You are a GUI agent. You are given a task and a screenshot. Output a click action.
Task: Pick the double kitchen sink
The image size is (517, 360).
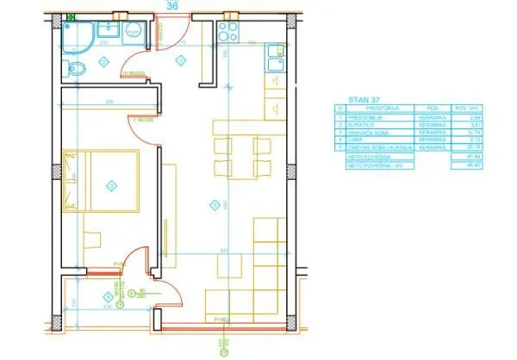pyautogui.click(x=274, y=61)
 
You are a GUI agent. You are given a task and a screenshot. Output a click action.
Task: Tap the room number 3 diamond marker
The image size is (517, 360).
pyautogui.click(x=109, y=184)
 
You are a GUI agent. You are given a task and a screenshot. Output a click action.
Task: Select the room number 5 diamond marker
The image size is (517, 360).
pyautogui.click(x=213, y=204)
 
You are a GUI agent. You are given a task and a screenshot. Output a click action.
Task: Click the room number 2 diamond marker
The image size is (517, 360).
pyautogui.click(x=103, y=61)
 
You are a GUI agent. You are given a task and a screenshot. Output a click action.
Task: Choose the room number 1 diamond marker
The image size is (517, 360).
pyautogui.click(x=181, y=59)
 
